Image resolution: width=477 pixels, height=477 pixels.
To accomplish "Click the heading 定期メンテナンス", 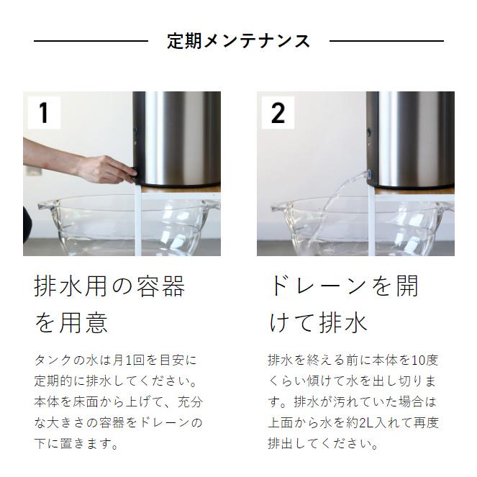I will coord(238,41).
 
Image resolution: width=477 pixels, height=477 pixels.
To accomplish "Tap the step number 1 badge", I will coord(44,112).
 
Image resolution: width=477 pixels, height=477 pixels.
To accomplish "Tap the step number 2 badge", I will coord(277,112).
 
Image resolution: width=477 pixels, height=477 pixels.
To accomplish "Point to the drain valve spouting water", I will coord(368,173).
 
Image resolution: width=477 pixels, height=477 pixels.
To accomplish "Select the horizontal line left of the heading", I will coord(91,41).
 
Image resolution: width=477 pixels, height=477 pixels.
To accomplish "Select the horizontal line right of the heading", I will coord(386,41).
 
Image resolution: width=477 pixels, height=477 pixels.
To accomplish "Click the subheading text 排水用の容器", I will coord(110,286).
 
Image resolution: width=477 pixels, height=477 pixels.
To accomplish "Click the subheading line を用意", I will coord(71,322).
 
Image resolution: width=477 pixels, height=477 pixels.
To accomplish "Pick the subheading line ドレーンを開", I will coord(343,286).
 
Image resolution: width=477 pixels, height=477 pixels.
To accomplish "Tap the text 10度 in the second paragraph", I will coord(424,360).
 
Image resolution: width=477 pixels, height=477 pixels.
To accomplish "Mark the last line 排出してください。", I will coord(323,443).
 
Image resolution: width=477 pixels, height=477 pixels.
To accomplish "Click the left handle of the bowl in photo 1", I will coord(47,207).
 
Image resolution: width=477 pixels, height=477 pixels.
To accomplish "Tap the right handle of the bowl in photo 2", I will coord(445,206).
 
